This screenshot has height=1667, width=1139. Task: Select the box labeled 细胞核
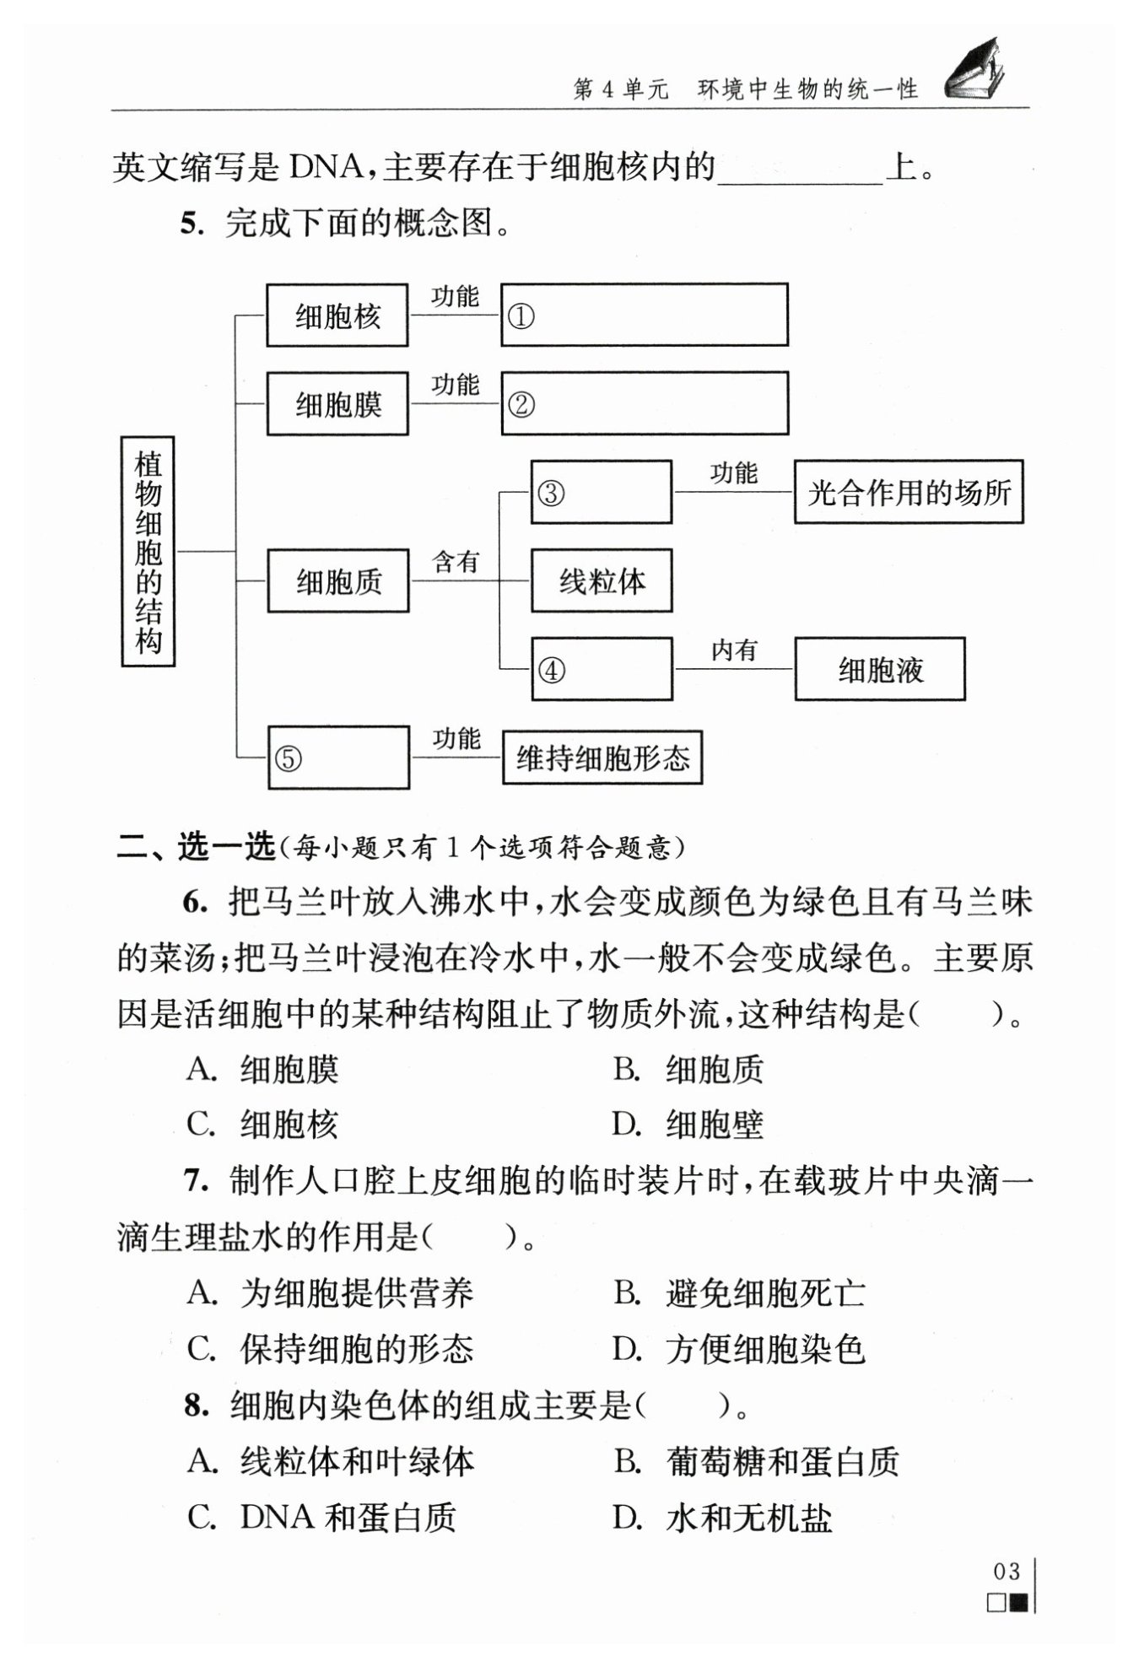pos(337,316)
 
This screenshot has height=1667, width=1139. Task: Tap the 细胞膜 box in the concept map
pos(337,404)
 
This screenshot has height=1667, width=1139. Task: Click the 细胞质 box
pos(338,581)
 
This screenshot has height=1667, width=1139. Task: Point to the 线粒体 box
pos(602,580)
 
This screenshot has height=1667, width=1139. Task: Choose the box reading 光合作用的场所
pos(909,492)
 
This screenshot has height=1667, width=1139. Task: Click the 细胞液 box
pos(880,670)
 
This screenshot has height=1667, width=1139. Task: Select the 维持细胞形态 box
pos(602,758)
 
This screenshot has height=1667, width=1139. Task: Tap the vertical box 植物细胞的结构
pos(148,552)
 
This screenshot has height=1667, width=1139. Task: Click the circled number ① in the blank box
pos(521,317)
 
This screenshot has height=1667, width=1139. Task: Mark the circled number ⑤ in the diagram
pos(289,759)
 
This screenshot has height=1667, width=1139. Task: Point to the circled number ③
pos(551,493)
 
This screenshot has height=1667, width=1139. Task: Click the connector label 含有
pos(456,562)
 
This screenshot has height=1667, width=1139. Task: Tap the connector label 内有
pos(734,650)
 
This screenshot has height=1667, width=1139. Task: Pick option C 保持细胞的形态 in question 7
pos(330,1349)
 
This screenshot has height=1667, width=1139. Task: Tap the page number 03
pos(1007,1571)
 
